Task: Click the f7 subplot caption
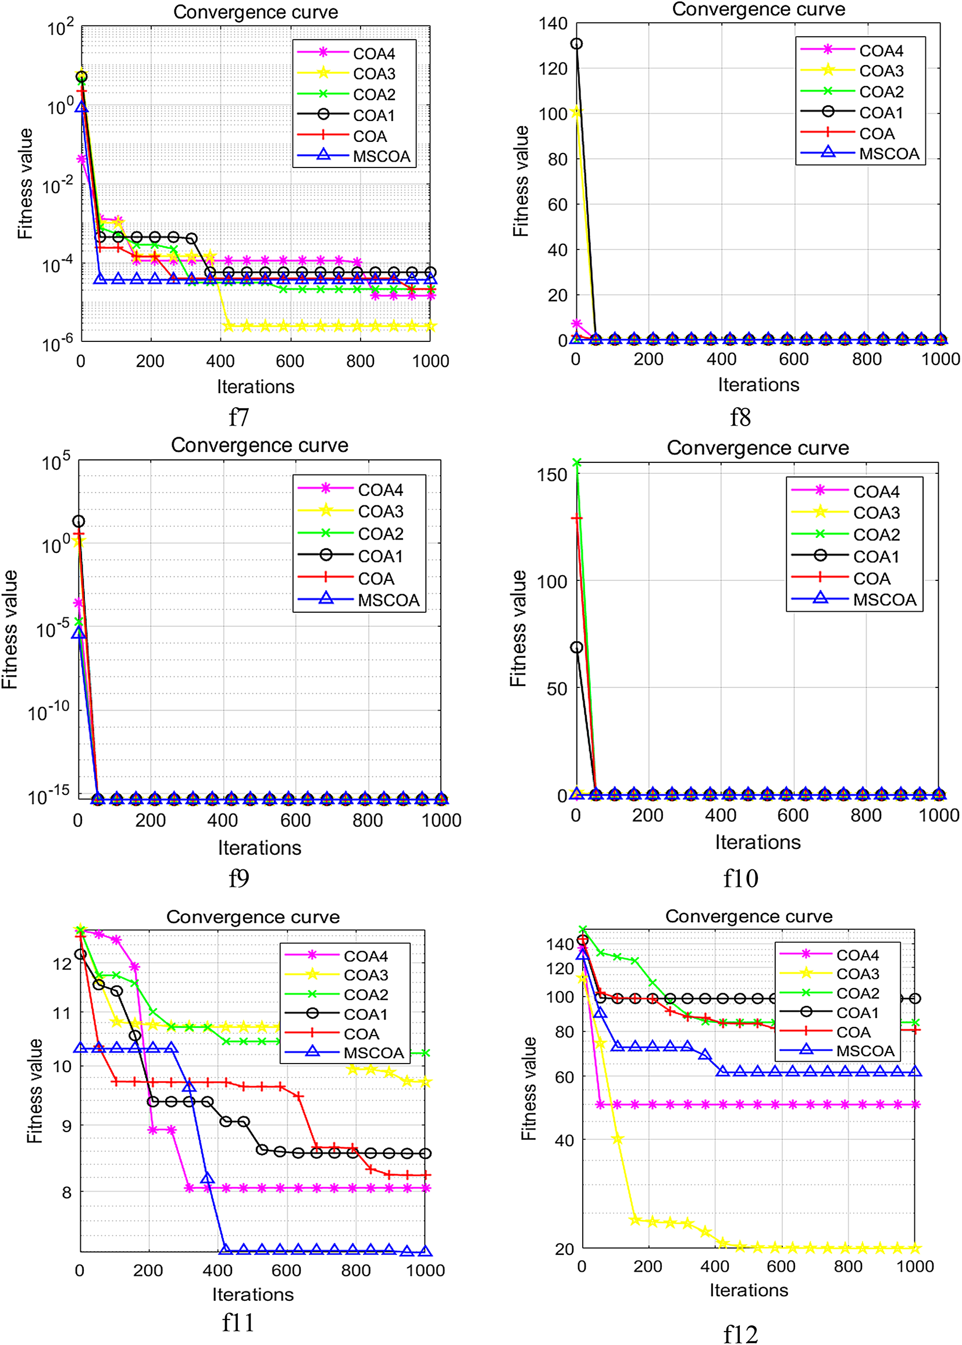(x=238, y=418)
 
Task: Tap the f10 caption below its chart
(x=740, y=878)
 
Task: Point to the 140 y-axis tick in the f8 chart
(x=553, y=24)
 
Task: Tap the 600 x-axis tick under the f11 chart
(x=286, y=1271)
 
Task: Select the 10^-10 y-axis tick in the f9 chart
(x=49, y=711)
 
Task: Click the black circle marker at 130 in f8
(x=576, y=44)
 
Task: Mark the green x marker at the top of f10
(x=576, y=462)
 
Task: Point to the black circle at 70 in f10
(x=576, y=647)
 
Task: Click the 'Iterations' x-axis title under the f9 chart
(x=259, y=847)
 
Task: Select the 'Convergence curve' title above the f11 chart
(x=253, y=917)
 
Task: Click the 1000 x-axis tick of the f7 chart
(x=430, y=361)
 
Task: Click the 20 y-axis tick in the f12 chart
(x=564, y=1249)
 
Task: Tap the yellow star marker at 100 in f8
(x=576, y=113)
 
